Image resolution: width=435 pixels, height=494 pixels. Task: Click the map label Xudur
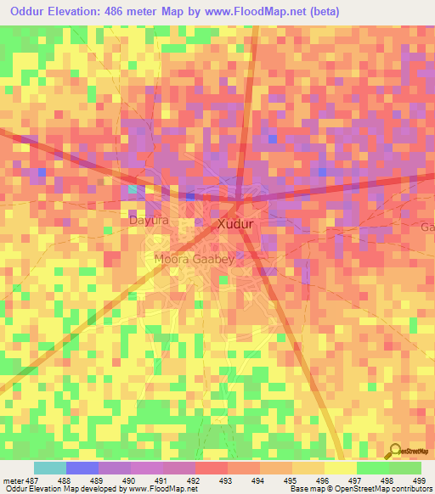236,225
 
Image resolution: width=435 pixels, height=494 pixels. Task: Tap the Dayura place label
149,221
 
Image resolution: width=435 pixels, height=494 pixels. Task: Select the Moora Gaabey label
194,258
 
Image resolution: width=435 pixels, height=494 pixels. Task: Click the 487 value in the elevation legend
31,480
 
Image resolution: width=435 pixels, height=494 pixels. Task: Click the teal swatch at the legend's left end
50,468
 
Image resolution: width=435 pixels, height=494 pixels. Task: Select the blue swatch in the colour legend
82,468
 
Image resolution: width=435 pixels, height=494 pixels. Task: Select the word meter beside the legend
11,480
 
